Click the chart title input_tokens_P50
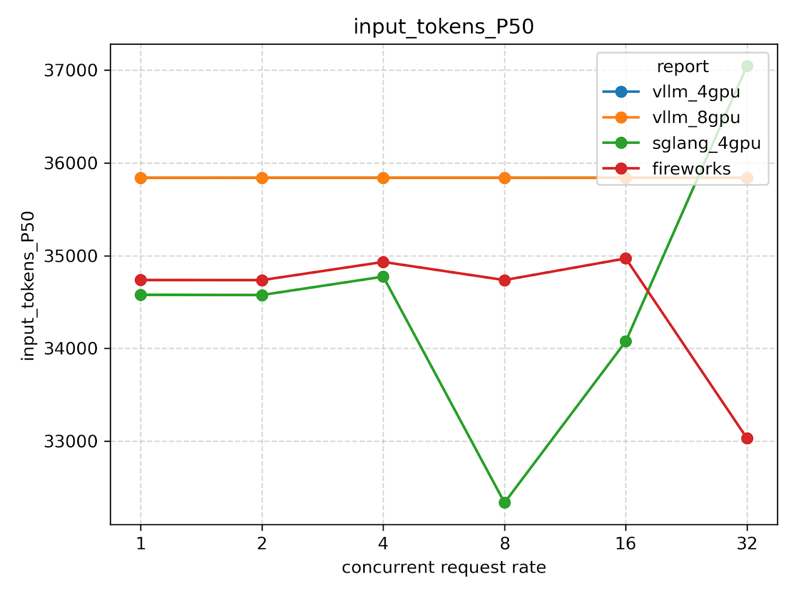(443, 27)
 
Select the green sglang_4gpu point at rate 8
(504, 502)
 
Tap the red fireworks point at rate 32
(747, 438)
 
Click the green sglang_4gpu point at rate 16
(625, 341)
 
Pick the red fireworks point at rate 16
(625, 258)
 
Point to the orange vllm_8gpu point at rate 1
(141, 178)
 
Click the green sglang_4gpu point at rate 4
(383, 277)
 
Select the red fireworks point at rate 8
(504, 280)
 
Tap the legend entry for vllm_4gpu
(696, 92)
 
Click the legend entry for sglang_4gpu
(706, 143)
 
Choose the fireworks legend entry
(691, 169)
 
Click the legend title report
(682, 67)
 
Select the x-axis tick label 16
(625, 544)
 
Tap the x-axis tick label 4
(383, 544)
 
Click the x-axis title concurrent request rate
(443, 568)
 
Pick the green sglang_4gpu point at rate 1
(141, 295)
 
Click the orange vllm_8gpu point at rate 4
(383, 178)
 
